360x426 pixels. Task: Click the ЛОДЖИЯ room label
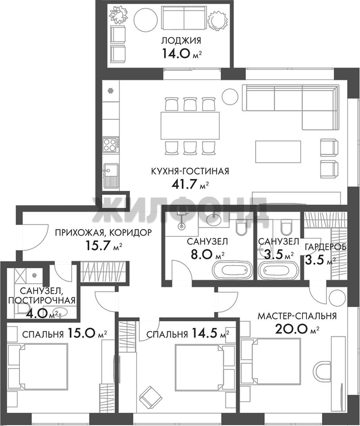point(181,41)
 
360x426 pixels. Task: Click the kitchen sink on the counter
point(111,175)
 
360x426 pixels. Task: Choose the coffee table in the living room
point(278,152)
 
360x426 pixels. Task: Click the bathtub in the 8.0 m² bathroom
point(234,270)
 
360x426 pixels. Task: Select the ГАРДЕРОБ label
point(326,247)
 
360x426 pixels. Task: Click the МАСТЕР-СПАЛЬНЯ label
point(297,316)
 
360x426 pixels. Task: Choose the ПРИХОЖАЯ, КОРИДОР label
point(103,233)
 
